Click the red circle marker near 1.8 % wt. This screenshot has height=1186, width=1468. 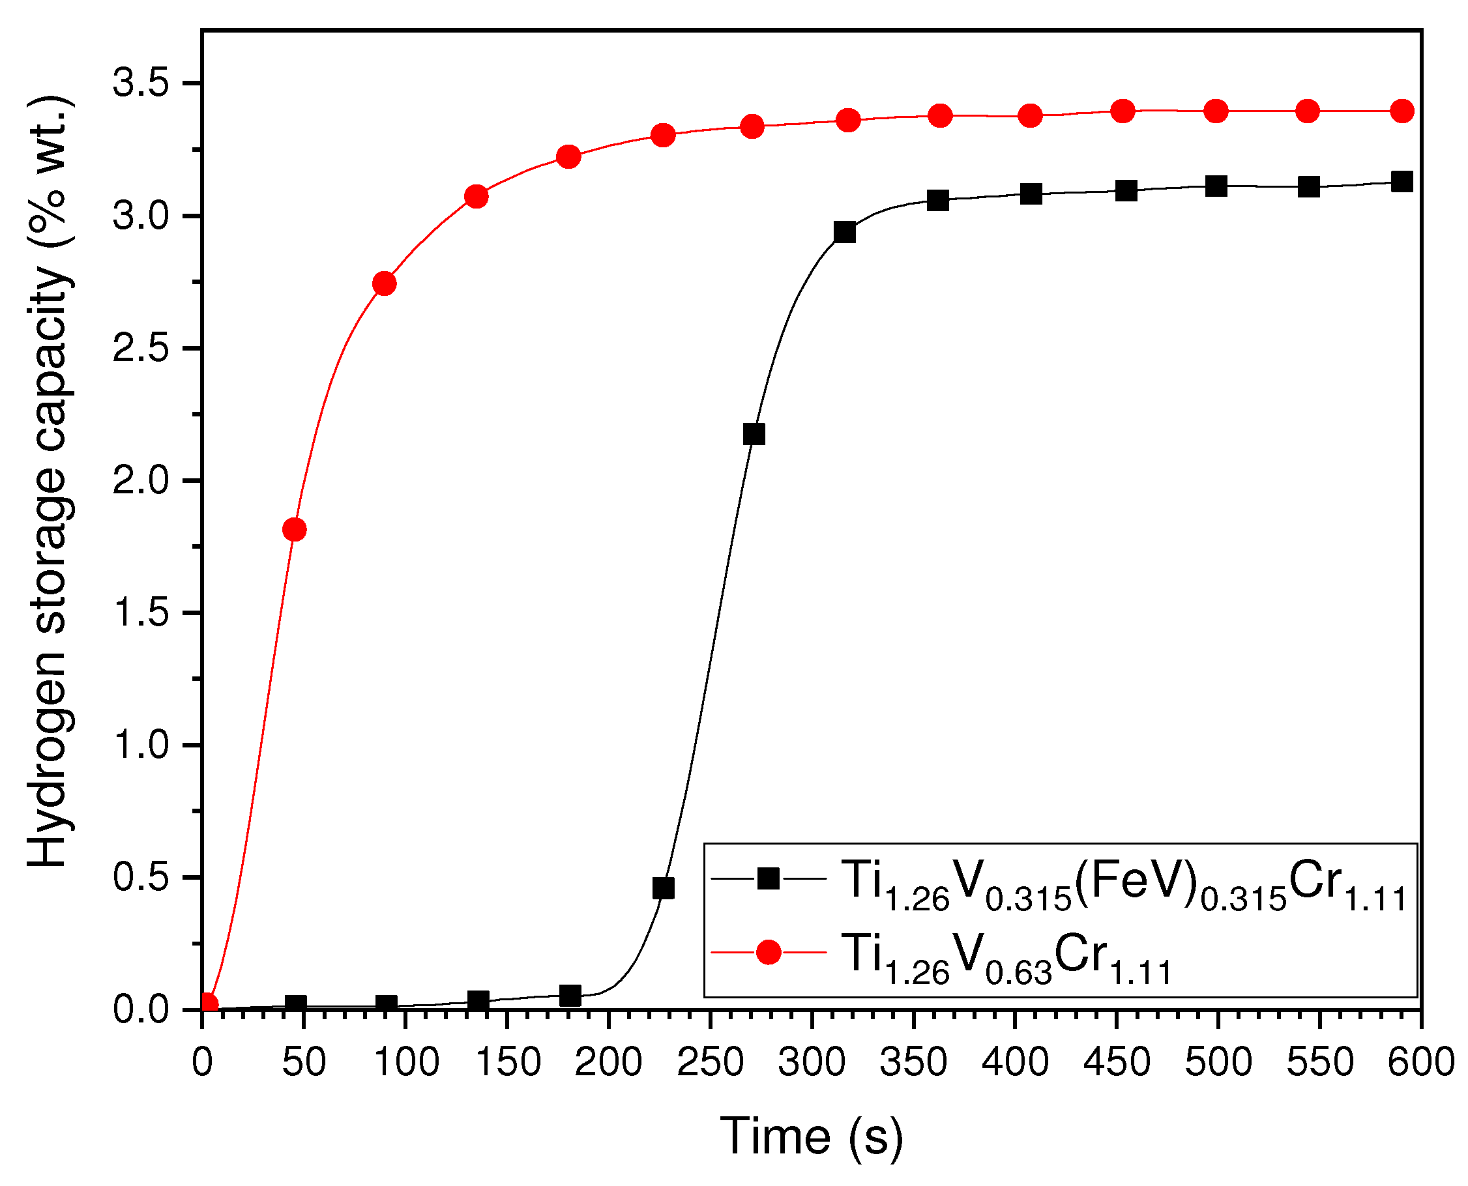[294, 529]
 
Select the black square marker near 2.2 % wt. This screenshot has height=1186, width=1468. [754, 434]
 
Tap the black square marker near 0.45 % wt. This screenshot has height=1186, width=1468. [663, 888]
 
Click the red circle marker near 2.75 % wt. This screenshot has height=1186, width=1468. [385, 283]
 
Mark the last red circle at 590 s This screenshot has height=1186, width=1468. [1402, 111]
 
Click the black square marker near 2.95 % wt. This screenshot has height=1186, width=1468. [845, 232]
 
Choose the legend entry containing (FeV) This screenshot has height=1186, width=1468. [1124, 884]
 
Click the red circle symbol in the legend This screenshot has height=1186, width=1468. [769, 951]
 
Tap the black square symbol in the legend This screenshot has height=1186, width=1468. [769, 878]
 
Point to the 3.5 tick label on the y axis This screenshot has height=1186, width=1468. [141, 83]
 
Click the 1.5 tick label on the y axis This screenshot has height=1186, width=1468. [141, 612]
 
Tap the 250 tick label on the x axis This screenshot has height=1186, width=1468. [710, 1063]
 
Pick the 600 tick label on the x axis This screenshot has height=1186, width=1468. [1420, 1063]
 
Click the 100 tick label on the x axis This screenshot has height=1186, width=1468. [406, 1063]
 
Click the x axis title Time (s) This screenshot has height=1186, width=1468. [811, 1137]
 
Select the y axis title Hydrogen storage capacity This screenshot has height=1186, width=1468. [49, 482]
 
